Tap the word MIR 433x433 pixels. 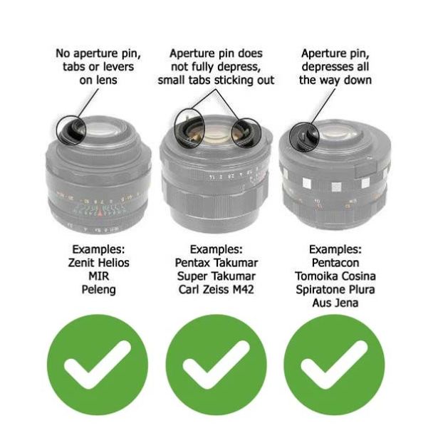point(98,276)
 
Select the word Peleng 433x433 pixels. point(98,290)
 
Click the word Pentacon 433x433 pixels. point(335,263)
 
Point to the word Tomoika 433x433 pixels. point(314,276)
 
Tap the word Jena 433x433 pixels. point(346,303)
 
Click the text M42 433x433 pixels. point(243,290)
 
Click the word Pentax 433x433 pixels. point(191,263)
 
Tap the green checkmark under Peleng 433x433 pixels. point(98,365)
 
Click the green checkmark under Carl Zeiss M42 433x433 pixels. point(216,365)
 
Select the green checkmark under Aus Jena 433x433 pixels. point(335,365)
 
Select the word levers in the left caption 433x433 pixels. point(118,67)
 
